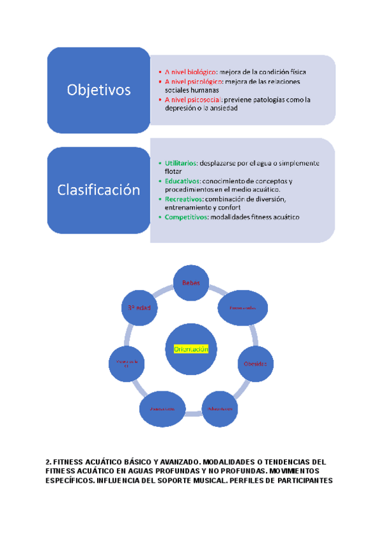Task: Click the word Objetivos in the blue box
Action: click(98, 90)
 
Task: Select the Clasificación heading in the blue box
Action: click(98, 189)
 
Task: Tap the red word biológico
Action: click(201, 72)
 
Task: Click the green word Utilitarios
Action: click(180, 163)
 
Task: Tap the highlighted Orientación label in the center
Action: click(190, 349)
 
